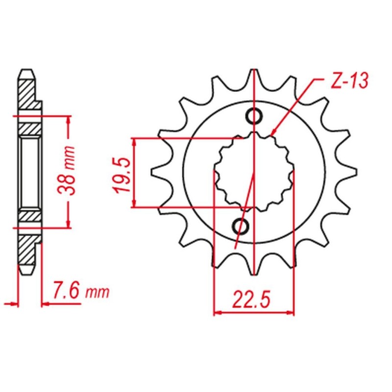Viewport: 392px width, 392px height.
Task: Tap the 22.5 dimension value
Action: click(x=254, y=299)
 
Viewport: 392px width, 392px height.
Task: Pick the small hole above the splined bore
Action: click(x=253, y=116)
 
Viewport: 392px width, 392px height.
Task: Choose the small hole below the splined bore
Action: click(x=241, y=226)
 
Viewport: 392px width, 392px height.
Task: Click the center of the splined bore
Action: click(x=254, y=172)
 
